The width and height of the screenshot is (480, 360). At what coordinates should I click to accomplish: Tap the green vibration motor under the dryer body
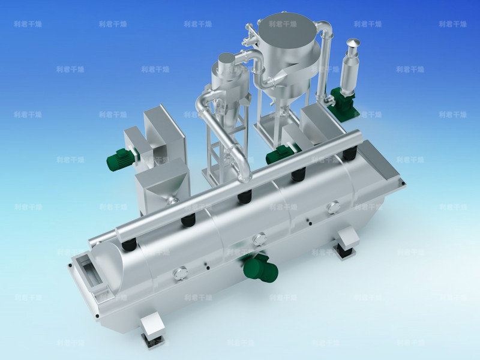point(260,268)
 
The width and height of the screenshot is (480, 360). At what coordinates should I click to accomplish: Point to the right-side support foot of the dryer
point(346,242)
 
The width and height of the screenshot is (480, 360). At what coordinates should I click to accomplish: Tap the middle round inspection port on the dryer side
point(259,239)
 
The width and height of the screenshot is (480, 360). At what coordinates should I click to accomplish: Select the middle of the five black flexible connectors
point(243,197)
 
